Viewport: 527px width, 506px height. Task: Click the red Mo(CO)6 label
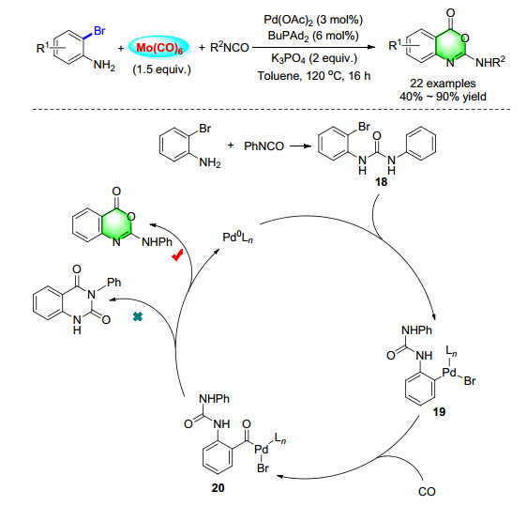tap(159, 48)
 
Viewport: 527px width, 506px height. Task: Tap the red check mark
tap(177, 255)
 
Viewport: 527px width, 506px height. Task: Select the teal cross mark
tap(138, 316)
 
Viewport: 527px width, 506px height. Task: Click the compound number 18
tap(381, 182)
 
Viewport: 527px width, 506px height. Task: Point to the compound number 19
tap(439, 411)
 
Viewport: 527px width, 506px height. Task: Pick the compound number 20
tap(218, 487)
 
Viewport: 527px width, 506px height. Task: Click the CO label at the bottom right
tap(427, 492)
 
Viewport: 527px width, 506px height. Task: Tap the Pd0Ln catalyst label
tap(237, 238)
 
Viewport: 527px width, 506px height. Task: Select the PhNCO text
tap(263, 146)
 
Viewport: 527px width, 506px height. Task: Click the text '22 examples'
tap(443, 84)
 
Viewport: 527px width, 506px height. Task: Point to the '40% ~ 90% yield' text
tap(443, 97)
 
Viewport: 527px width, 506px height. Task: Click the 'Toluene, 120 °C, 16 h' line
tap(314, 76)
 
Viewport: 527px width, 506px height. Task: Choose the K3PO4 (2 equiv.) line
tap(314, 58)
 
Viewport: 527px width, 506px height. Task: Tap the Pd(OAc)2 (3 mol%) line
tap(313, 20)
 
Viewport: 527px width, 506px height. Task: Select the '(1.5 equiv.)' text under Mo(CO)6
tap(161, 69)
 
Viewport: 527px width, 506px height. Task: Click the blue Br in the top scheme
tap(99, 31)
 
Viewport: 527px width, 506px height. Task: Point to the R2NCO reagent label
tap(229, 48)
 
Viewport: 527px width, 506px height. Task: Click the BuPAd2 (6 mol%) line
tap(313, 36)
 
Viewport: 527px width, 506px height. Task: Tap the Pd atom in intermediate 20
tap(261, 449)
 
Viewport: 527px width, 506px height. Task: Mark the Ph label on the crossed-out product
tap(114, 282)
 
